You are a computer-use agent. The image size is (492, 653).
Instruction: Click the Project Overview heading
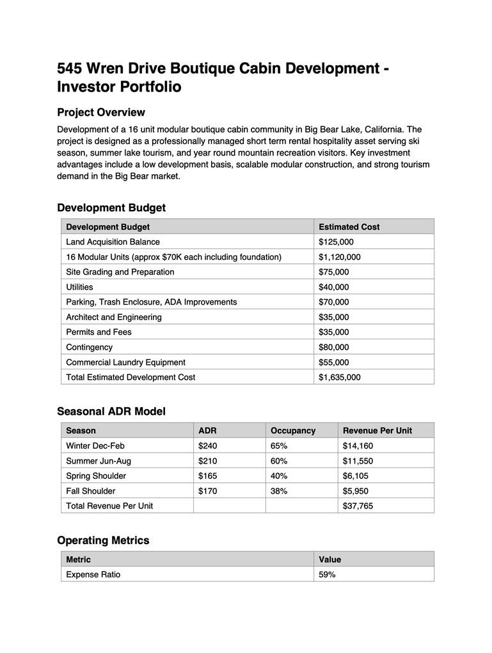coord(101,113)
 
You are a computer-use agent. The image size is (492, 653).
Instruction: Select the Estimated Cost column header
coord(349,227)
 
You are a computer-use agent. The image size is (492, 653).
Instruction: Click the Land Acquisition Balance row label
coord(113,242)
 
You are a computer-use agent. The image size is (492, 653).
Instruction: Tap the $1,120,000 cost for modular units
coord(339,257)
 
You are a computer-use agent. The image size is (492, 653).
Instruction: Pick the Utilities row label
coord(79,287)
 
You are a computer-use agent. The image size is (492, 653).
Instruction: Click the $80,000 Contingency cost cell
coord(333,347)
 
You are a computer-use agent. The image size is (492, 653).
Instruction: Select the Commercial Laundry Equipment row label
coord(125,362)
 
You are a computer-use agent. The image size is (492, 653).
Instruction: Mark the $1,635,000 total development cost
coord(339,377)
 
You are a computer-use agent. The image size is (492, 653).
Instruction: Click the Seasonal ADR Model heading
coord(111,412)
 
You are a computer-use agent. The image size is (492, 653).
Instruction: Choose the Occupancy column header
coord(292,430)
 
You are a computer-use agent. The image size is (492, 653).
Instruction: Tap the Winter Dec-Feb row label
coord(95,446)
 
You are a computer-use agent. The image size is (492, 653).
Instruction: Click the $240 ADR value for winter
coord(208,446)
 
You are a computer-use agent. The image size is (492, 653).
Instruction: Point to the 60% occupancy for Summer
coord(279,461)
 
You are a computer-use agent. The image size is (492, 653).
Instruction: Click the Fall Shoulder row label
coord(91,491)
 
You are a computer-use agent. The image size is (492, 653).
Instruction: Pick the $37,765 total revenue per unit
coord(358,506)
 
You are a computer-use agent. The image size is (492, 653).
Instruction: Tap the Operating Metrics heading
coord(103,540)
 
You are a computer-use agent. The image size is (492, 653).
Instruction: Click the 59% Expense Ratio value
coord(327,574)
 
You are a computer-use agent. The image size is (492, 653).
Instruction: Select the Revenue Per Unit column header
coord(377,430)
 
